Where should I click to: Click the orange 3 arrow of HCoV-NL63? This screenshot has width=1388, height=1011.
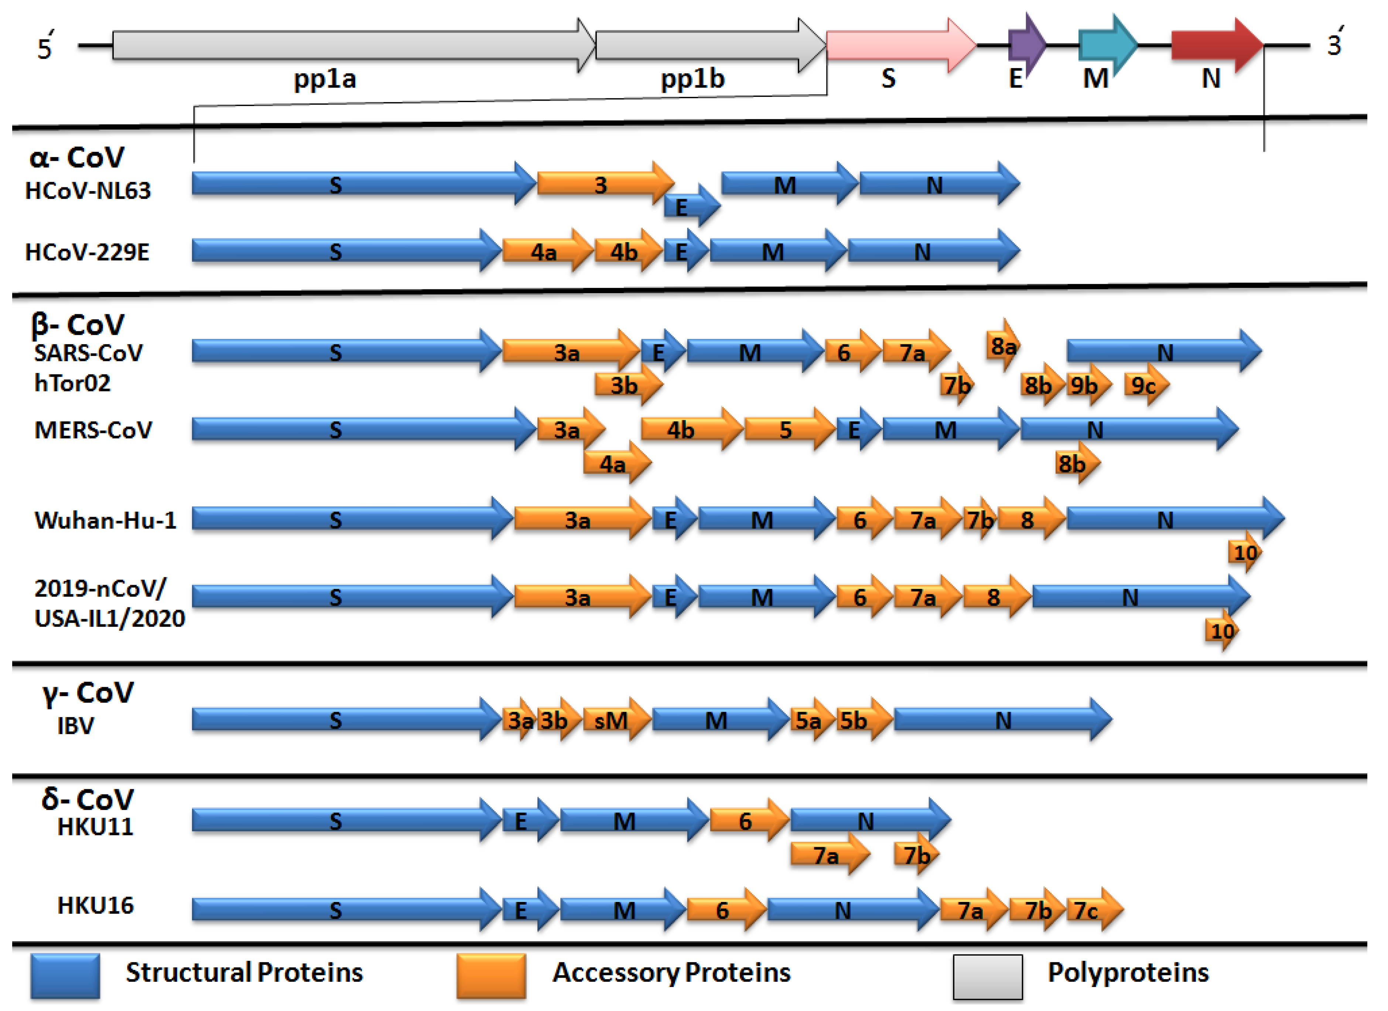click(603, 184)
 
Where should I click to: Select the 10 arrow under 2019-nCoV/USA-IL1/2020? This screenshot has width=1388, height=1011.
click(1221, 630)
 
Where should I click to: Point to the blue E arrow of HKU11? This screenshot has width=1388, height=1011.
click(527, 821)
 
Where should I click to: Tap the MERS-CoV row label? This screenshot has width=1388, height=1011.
click(93, 430)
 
